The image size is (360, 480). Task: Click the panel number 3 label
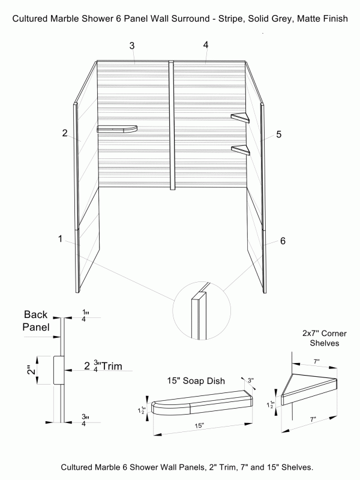pyautogui.click(x=131, y=46)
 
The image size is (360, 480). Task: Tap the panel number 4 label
pyautogui.click(x=206, y=45)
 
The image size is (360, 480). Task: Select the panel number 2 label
pyautogui.click(x=64, y=133)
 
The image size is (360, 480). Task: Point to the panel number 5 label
pyautogui.click(x=278, y=134)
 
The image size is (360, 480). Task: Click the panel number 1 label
pyautogui.click(x=60, y=239)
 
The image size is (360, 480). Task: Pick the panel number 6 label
pyautogui.click(x=283, y=241)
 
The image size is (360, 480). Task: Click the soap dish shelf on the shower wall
pyautogui.click(x=117, y=128)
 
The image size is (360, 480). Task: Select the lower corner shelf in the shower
pyautogui.click(x=240, y=149)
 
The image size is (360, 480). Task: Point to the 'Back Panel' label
pyautogui.click(x=35, y=321)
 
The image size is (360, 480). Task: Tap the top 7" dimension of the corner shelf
pyautogui.click(x=316, y=362)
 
